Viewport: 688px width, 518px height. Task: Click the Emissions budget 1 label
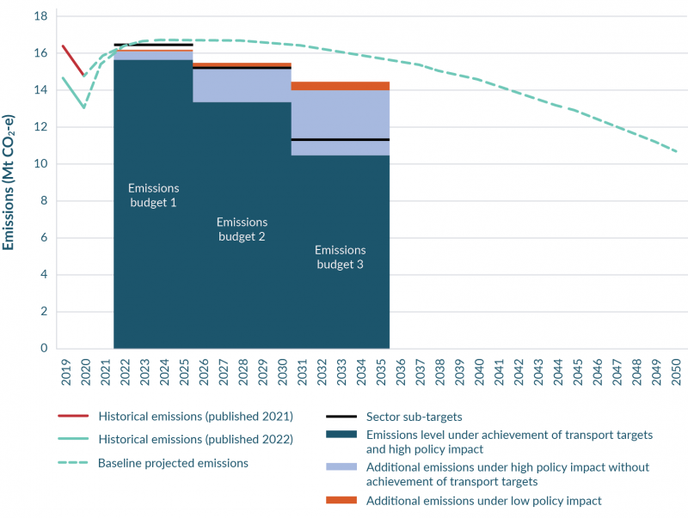tap(153, 195)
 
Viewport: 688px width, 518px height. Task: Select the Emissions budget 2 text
tap(242, 229)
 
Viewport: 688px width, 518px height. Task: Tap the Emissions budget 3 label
tap(339, 258)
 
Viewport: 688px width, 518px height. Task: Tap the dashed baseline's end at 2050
tap(676, 151)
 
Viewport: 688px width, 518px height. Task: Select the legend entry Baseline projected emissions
tap(173, 463)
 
